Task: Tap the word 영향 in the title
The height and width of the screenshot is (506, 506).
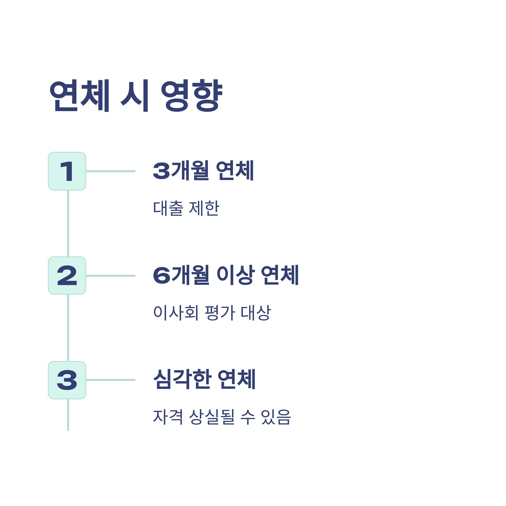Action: tap(191, 95)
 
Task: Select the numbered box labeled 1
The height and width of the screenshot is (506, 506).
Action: tap(67, 171)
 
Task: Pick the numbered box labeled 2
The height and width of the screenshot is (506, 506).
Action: tap(67, 276)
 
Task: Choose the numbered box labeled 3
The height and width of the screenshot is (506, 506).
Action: tap(67, 380)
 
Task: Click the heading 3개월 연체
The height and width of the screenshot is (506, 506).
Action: tap(203, 171)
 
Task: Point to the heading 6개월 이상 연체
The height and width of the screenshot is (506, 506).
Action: tap(226, 275)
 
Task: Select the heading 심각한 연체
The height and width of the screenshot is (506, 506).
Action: tap(204, 379)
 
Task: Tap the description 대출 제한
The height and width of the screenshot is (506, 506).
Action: tap(186, 208)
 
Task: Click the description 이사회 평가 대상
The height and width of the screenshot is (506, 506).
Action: tap(212, 313)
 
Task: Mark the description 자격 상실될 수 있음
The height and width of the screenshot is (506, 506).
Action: tap(222, 417)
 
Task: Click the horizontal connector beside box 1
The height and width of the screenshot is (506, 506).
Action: tap(110, 171)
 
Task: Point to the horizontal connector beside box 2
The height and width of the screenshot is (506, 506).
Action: tap(110, 276)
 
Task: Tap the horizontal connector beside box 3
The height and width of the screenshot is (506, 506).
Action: tap(110, 380)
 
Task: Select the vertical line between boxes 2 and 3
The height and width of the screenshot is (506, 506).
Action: tap(68, 328)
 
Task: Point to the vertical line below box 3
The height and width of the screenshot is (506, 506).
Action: tap(68, 414)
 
